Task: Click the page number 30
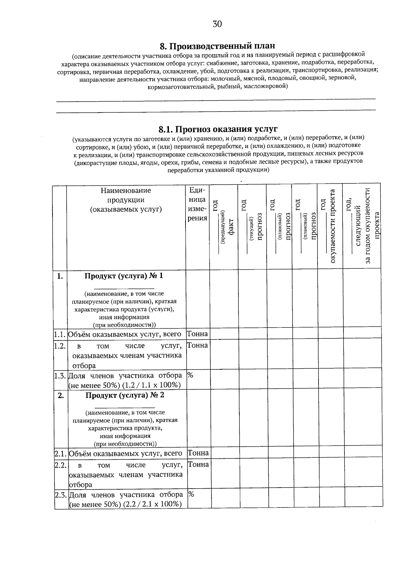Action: pos(217,24)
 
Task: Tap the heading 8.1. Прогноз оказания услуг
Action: pos(218,129)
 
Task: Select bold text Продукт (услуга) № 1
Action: pos(124,276)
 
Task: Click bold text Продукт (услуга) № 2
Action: pos(125,395)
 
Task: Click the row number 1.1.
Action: pos(60,334)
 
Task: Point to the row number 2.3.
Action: pos(61,495)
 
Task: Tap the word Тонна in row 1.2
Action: pos(197,345)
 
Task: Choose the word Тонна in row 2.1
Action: pos(198,453)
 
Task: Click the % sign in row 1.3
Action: pos(190,375)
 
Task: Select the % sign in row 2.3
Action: pos(191,494)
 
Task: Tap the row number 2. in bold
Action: pos(61,395)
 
